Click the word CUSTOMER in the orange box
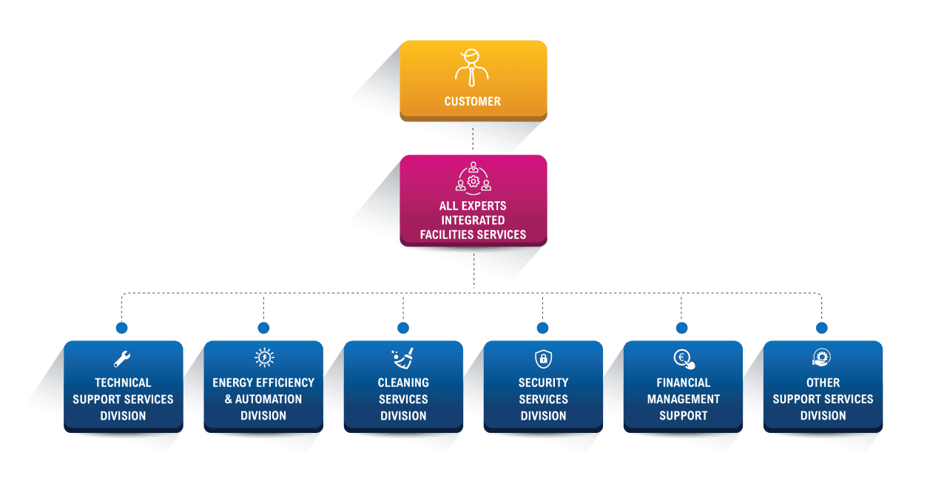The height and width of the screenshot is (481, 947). pyautogui.click(x=472, y=101)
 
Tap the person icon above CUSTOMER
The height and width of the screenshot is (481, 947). pyautogui.click(x=472, y=67)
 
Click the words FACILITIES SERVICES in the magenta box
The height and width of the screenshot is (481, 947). pyautogui.click(x=473, y=235)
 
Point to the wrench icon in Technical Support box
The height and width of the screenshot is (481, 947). pyautogui.click(x=122, y=359)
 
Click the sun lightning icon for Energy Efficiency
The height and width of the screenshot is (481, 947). pyautogui.click(x=263, y=358)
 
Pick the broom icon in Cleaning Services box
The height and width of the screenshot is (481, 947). pyautogui.click(x=403, y=359)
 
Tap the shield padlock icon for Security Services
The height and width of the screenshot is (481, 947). pyautogui.click(x=543, y=359)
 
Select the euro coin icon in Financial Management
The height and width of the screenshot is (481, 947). pyautogui.click(x=684, y=360)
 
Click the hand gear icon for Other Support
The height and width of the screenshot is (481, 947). pyautogui.click(x=822, y=358)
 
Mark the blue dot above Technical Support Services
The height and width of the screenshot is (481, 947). pyautogui.click(x=122, y=328)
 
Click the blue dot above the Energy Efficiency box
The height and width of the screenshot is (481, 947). pyautogui.click(x=263, y=328)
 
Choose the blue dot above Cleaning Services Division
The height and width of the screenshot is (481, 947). pyautogui.click(x=403, y=328)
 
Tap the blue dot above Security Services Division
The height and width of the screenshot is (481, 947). pyautogui.click(x=542, y=328)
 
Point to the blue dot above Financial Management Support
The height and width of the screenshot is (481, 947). pyautogui.click(x=682, y=328)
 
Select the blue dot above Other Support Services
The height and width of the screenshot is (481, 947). pyautogui.click(x=821, y=328)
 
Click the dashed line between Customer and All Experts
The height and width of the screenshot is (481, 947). pyautogui.click(x=473, y=138)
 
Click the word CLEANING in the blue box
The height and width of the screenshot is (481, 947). pyautogui.click(x=403, y=383)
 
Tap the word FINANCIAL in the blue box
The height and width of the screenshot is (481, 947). pyautogui.click(x=683, y=383)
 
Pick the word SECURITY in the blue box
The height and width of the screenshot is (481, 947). pyautogui.click(x=543, y=383)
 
